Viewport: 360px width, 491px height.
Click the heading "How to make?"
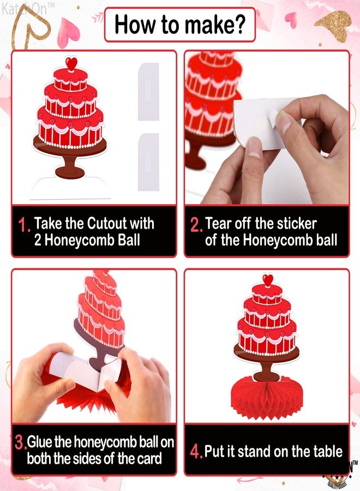tap(179, 25)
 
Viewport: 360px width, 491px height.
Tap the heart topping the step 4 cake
tap(267, 280)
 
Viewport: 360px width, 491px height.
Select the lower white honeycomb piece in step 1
tap(148, 161)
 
